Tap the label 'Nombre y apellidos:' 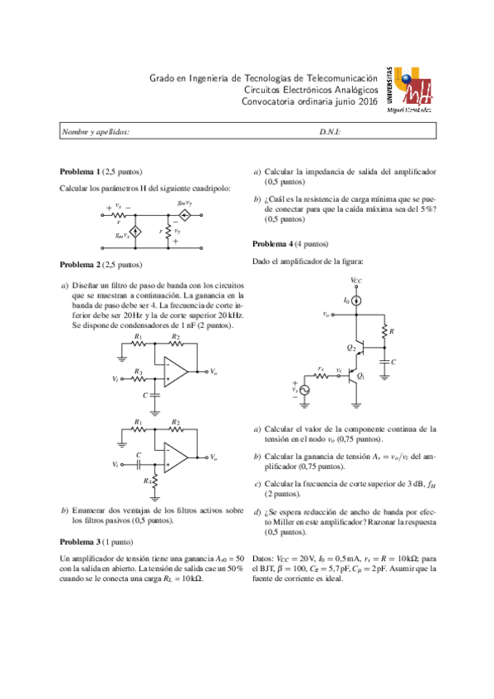tap(96, 132)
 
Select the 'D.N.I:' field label tap(330, 132)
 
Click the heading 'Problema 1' tap(79, 171)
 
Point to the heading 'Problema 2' tap(79, 265)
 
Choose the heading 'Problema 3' tap(79, 542)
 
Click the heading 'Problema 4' tap(272, 245)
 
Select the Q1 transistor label tap(361, 376)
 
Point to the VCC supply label tap(356, 280)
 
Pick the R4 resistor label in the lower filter tap(147, 480)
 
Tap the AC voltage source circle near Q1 tap(305, 389)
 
